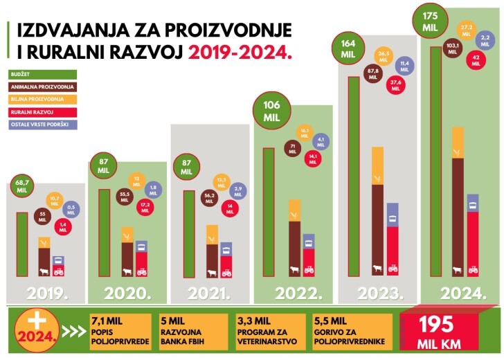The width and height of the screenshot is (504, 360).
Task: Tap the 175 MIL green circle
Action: [x=431, y=19]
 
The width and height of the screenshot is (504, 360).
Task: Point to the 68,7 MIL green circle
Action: [x=22, y=186]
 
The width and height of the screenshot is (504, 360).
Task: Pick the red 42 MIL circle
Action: [x=476, y=60]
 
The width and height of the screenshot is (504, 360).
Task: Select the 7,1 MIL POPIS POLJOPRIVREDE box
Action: [x=120, y=328]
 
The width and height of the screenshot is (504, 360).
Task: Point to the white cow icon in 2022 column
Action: [x=294, y=269]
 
